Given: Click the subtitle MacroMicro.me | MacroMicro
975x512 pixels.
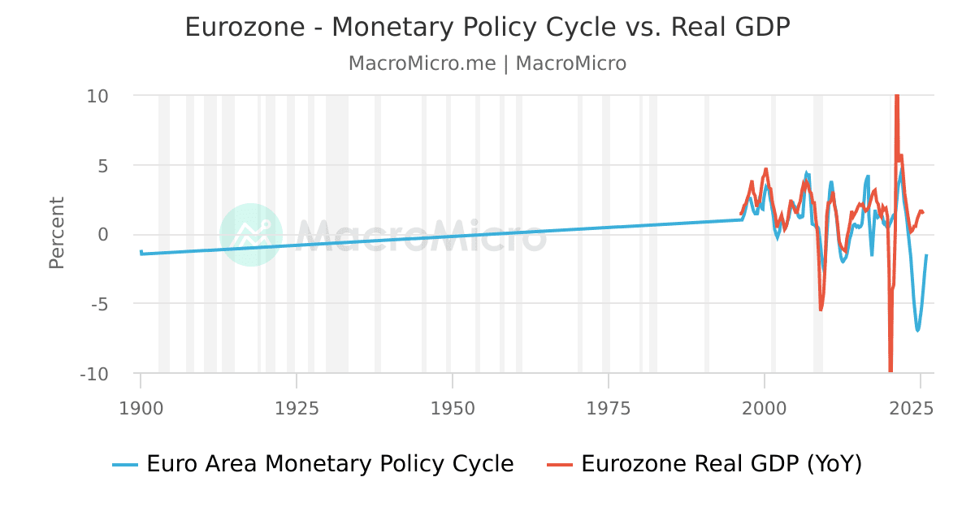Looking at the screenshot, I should pos(487,63).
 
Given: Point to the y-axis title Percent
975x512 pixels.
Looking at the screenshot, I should pos(57,233).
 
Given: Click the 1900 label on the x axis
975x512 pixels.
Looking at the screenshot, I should pos(141,407).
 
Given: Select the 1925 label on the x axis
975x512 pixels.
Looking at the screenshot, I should pos(297,407).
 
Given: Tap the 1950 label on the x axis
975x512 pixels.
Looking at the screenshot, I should pos(453,407).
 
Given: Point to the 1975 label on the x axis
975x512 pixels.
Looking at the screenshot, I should pos(609,407).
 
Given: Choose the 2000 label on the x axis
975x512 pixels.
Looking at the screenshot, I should pos(765,407).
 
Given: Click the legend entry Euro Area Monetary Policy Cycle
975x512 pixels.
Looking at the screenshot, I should pos(330,464).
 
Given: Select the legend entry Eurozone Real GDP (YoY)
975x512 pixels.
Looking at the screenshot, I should pos(721,464).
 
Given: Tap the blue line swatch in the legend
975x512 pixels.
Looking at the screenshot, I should pos(126,465).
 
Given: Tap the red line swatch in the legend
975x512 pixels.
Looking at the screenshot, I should pos(561,465).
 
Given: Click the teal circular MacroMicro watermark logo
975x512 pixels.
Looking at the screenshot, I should pos(251,234).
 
